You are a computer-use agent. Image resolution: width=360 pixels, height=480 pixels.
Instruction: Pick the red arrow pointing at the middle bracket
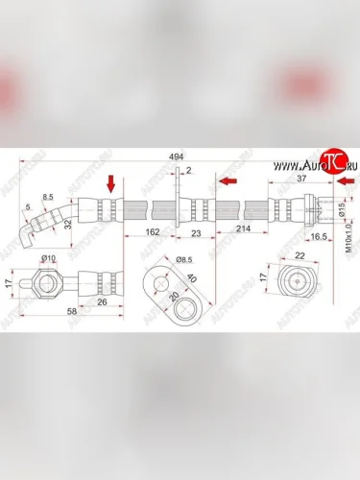(228, 180)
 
